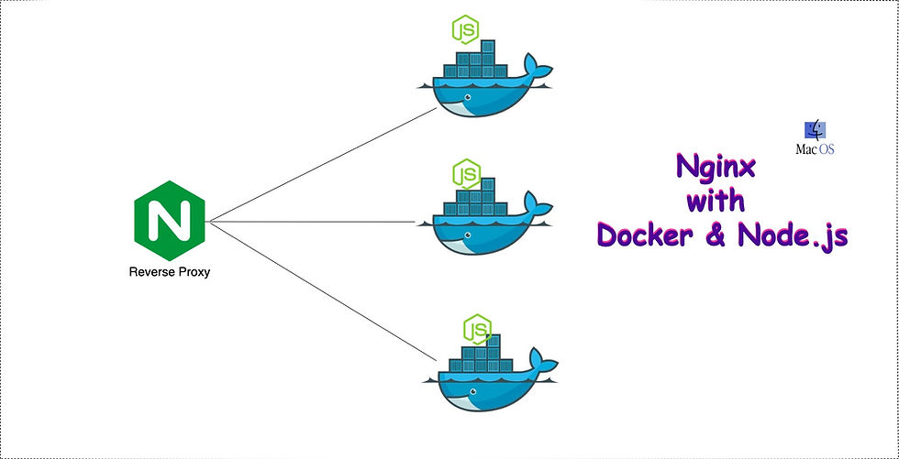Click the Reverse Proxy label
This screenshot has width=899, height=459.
point(170,271)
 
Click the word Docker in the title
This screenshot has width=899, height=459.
point(649,235)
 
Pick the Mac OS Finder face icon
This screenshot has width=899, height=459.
point(813,131)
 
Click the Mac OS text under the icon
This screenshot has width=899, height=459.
point(815,149)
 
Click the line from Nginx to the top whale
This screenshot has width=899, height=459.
point(321,166)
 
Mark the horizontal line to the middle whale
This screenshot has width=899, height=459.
point(321,222)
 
